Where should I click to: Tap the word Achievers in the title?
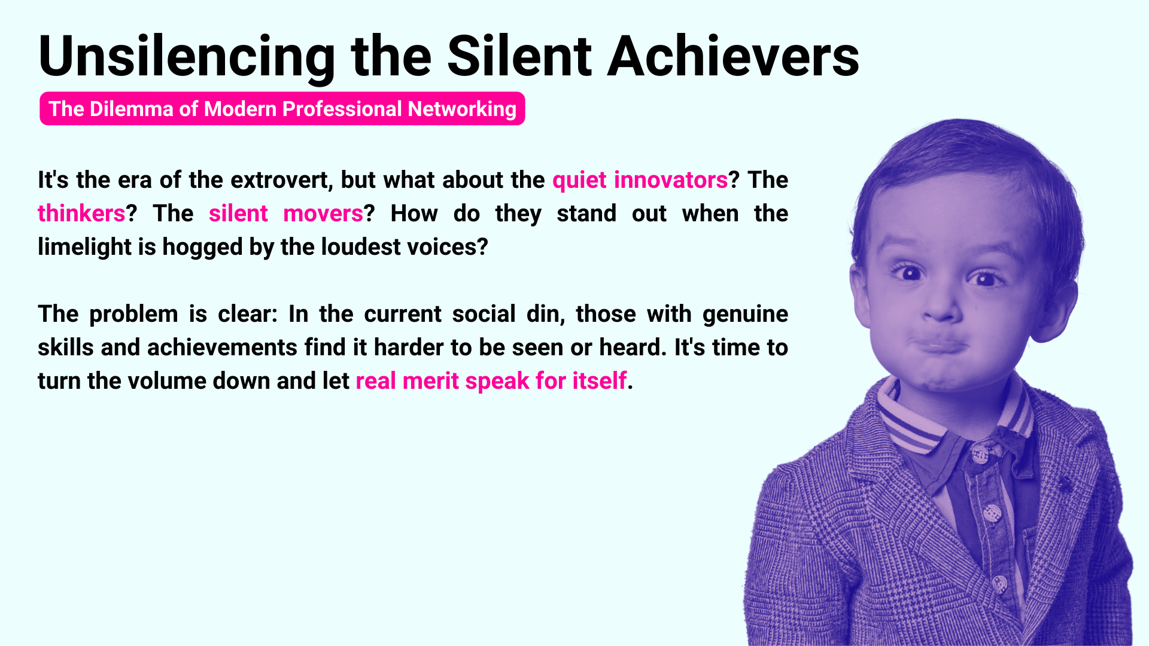733,56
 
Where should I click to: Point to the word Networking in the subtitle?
462,109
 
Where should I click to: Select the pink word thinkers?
81,214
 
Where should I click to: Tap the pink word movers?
323,214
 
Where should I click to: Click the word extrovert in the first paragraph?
281,180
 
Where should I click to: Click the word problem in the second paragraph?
133,315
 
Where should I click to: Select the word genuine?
745,315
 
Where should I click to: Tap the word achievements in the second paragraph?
222,348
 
